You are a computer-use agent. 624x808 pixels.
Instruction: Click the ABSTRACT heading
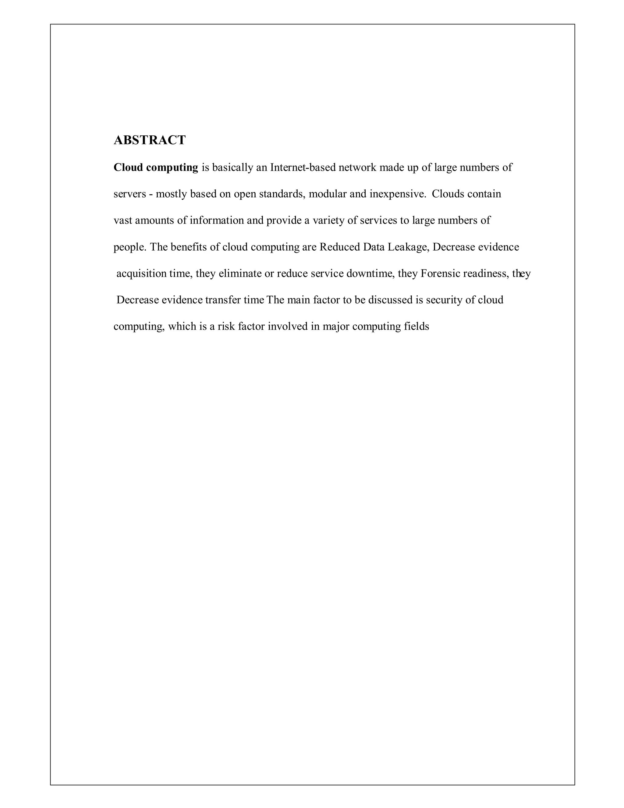pos(149,140)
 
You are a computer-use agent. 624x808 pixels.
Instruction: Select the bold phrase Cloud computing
pos(156,168)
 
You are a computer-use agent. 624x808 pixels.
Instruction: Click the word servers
pos(129,194)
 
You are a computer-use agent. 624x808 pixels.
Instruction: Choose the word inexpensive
pos(397,194)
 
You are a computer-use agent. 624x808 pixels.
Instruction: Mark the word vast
pos(123,220)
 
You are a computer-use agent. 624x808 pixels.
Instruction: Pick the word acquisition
pos(141,274)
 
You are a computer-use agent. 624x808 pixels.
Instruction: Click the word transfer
pos(222,300)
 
